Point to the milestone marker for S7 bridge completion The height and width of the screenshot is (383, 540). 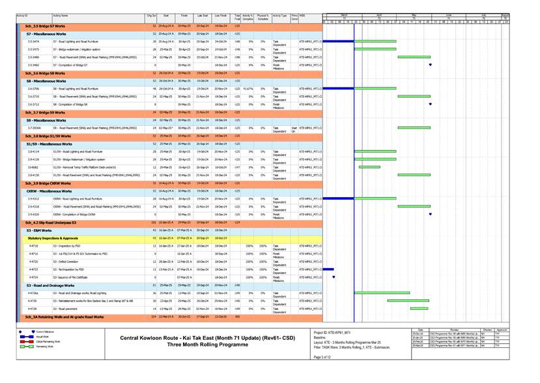pos(431,65)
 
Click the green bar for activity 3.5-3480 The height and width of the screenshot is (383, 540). pos(414,57)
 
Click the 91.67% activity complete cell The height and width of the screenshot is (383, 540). pos(248,88)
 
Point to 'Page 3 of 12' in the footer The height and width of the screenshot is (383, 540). pos(322,357)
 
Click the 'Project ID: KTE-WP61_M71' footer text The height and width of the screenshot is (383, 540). pos(332,331)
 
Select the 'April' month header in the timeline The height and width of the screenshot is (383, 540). pos(378,14)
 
